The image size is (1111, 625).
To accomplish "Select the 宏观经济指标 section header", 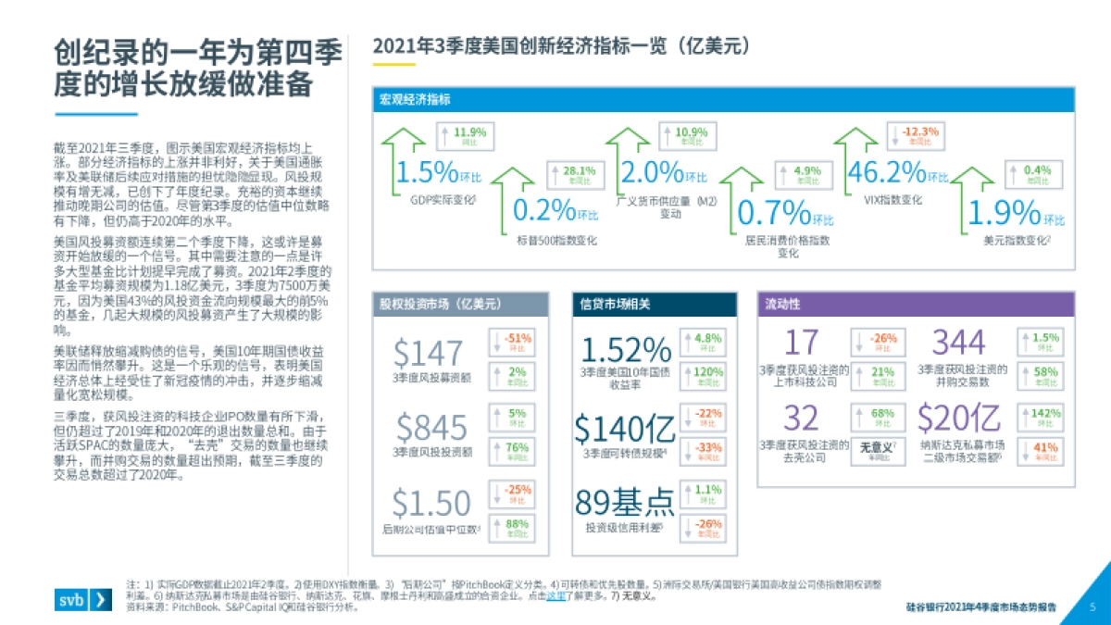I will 415,100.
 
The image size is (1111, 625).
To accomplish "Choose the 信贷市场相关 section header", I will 616,304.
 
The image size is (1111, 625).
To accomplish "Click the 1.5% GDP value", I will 426,172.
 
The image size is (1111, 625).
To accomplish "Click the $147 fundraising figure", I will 428,353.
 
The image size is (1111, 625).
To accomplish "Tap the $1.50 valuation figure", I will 431,503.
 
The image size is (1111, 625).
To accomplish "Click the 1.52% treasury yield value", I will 625,350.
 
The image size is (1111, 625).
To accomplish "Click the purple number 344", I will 958,343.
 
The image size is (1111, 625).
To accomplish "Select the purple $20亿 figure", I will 959,419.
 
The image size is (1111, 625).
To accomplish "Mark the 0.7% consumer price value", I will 774,214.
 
